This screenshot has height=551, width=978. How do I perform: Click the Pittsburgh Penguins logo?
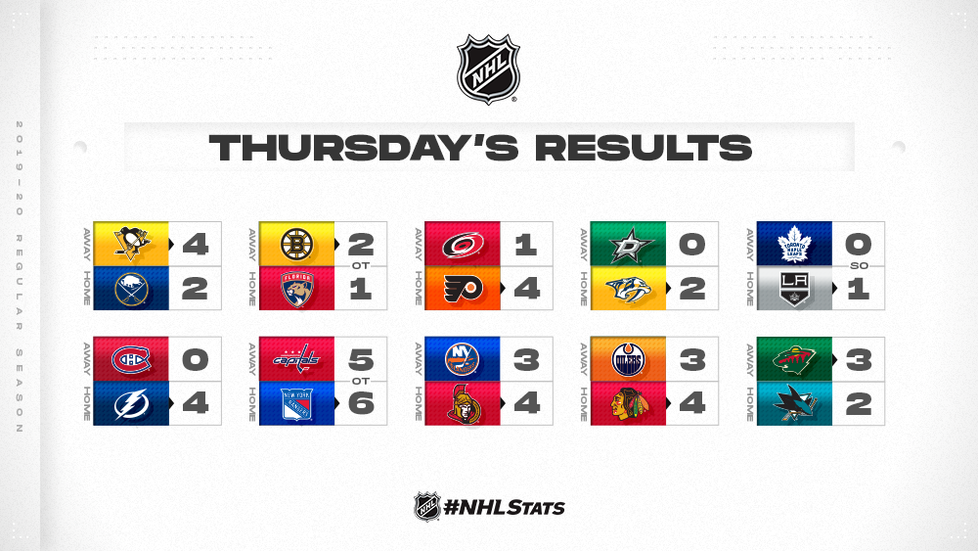(x=132, y=243)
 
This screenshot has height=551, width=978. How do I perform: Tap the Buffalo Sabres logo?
(x=131, y=289)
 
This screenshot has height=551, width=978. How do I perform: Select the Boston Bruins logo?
(x=297, y=244)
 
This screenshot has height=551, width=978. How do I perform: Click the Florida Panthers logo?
(x=297, y=289)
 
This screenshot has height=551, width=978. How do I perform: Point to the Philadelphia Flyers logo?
(x=463, y=289)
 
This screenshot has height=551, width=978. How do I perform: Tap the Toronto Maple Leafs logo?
(x=794, y=244)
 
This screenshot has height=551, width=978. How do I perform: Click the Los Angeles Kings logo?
(x=794, y=289)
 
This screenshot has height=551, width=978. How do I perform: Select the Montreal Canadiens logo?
(x=131, y=359)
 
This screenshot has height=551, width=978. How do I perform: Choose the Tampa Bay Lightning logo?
(x=131, y=404)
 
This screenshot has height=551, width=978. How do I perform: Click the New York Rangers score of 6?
(x=361, y=404)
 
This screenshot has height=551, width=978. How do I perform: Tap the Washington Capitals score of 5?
(x=361, y=360)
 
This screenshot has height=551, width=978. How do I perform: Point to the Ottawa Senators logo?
(x=463, y=404)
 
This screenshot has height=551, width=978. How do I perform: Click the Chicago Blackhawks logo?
(x=628, y=404)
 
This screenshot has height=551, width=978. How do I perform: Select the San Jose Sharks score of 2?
(x=859, y=404)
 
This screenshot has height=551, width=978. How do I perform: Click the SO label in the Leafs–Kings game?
(x=859, y=266)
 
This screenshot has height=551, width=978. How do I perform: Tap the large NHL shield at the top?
(x=488, y=69)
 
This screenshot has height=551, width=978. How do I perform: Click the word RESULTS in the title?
(x=644, y=148)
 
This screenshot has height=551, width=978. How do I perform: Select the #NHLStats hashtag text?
(x=504, y=507)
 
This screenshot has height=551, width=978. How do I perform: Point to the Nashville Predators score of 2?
(x=693, y=289)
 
